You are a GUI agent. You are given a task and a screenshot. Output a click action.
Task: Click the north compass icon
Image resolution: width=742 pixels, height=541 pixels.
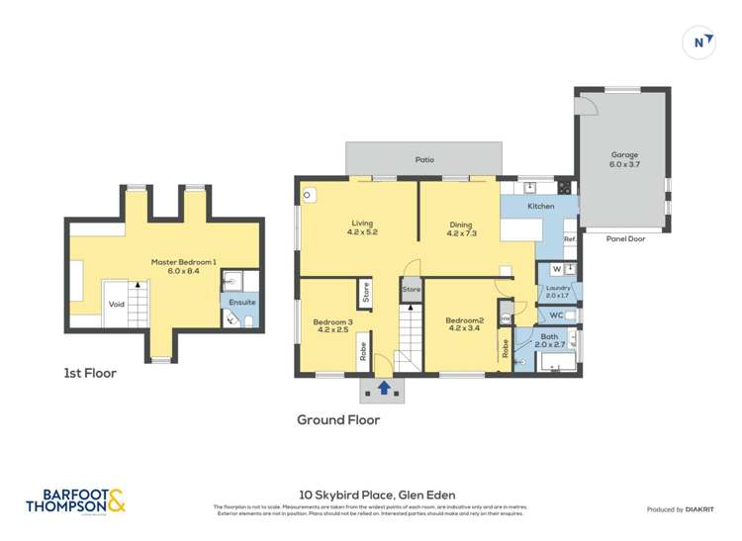tap(700, 42)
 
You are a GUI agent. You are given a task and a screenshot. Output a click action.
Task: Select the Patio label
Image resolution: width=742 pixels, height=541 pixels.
tap(423, 159)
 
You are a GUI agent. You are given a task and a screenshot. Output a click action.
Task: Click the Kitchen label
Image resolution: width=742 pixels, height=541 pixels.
tap(540, 206)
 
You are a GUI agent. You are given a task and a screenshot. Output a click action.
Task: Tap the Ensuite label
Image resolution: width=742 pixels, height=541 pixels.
tap(241, 302)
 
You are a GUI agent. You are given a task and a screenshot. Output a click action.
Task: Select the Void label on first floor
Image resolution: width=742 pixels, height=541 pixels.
tap(117, 305)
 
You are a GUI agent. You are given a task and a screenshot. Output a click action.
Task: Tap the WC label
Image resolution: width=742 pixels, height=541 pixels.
tap(555, 316)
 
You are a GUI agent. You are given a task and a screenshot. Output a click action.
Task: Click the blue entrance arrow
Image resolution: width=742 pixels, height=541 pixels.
tap(383, 388)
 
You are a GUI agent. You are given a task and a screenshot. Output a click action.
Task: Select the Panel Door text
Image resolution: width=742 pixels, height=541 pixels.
tap(624, 238)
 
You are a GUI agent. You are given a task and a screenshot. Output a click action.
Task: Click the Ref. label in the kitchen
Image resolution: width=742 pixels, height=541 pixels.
tap(569, 239)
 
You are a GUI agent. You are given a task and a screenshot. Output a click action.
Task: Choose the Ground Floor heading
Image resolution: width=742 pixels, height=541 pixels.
tap(338, 419)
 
